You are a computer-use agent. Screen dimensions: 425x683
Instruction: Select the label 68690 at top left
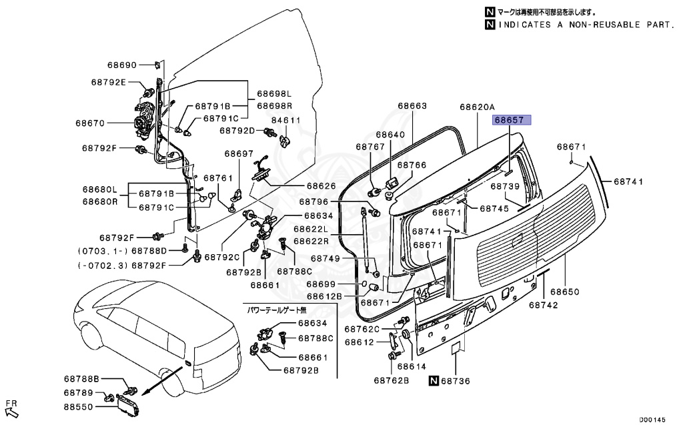[121, 65]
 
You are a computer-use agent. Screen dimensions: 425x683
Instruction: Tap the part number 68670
[89, 123]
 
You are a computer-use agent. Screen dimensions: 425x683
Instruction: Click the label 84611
[286, 121]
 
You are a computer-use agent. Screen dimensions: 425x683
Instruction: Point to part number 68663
[412, 105]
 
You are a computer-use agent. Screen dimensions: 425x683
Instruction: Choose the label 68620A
[477, 107]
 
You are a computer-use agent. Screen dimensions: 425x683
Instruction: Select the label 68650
[564, 292]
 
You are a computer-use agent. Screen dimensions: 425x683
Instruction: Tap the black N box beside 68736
[433, 381]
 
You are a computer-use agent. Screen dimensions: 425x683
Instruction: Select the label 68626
[321, 186]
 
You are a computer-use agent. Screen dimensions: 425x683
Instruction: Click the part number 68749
[325, 258]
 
